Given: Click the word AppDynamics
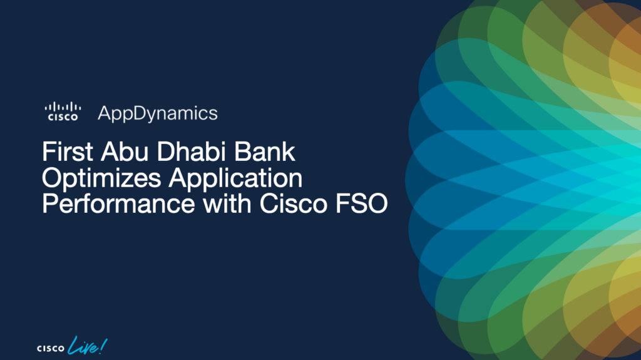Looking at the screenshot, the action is tap(157, 114).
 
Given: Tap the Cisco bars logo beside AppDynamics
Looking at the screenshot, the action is tap(63, 111).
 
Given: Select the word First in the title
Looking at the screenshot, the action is tap(68, 152).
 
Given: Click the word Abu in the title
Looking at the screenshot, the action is tap(125, 152).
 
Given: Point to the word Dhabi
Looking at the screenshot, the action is tap(192, 152).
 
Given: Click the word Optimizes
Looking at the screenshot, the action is tap(101, 179).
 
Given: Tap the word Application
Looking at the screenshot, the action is tap(235, 179).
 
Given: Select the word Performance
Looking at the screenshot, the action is tap(118, 203).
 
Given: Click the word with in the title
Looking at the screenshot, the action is tap(227, 203).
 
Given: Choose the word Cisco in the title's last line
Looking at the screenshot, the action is tap(294, 203).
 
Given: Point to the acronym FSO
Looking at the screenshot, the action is tap(361, 203).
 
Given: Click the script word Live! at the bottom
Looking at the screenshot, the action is tap(88, 346).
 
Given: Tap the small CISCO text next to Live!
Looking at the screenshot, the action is tap(51, 349).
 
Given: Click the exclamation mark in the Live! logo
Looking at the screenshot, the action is tap(103, 346).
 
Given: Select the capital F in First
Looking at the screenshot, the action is tap(48, 152).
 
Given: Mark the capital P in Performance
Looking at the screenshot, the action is tap(49, 203).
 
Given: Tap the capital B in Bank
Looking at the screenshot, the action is tap(242, 152).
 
